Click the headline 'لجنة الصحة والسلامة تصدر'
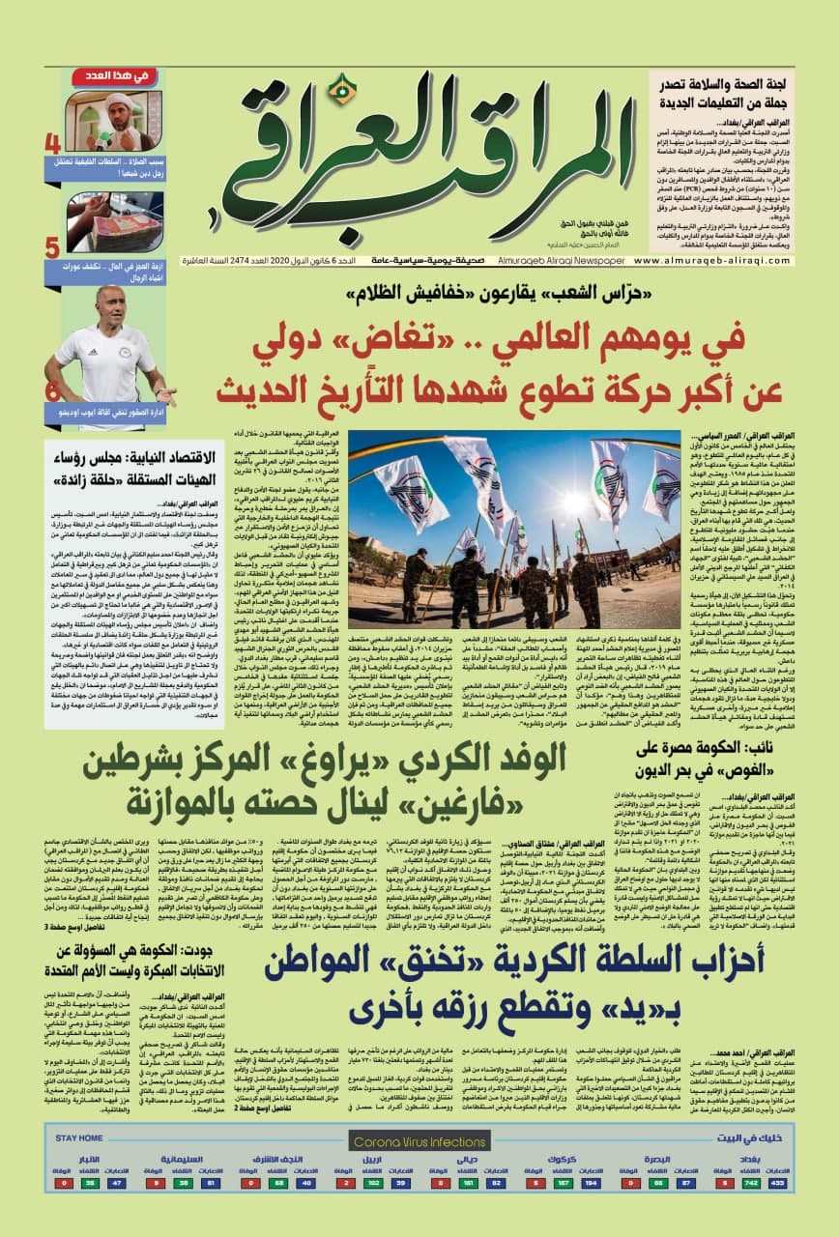point(735,93)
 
